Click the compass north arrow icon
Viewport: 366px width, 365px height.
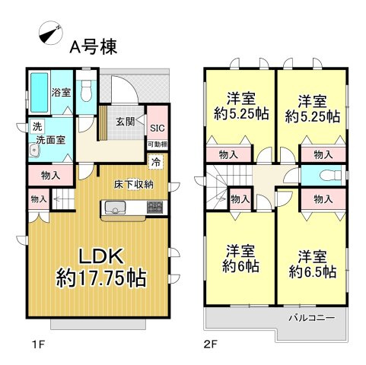coord(50,34)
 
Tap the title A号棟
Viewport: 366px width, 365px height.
coord(94,47)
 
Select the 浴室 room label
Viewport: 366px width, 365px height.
coord(61,93)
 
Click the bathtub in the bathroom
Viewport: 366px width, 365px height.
coord(39,93)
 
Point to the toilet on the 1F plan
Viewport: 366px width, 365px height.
coord(87,92)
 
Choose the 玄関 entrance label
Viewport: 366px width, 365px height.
coord(125,122)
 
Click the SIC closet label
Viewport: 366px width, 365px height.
coord(158,129)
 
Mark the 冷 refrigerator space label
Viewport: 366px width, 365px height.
coord(155,161)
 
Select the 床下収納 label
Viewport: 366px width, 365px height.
coord(135,183)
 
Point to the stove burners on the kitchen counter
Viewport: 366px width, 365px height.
coord(154,207)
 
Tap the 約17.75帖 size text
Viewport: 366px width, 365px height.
coord(100,278)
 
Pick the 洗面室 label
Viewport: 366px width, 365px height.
coord(49,140)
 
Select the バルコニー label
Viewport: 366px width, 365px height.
coord(311,316)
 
